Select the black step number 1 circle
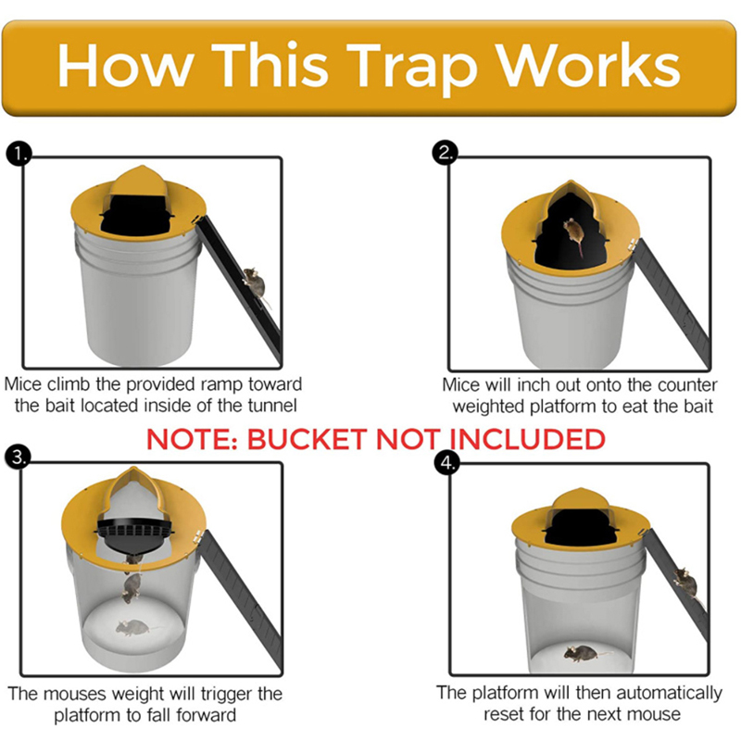pos(19,154)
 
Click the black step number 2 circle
pos(446,152)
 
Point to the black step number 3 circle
pos(18,457)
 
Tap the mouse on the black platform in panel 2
pos(574,234)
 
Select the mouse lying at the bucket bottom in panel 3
pos(133,628)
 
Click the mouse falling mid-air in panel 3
pos(132,588)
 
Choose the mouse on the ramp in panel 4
pos(686,584)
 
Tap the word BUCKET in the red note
pos(307,439)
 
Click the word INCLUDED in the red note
pos(527,439)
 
